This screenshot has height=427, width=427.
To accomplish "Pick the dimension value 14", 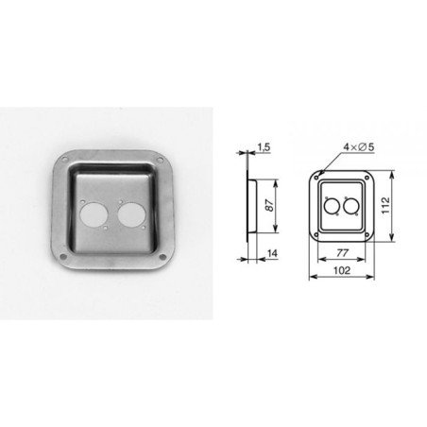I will [x=271, y=254].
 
